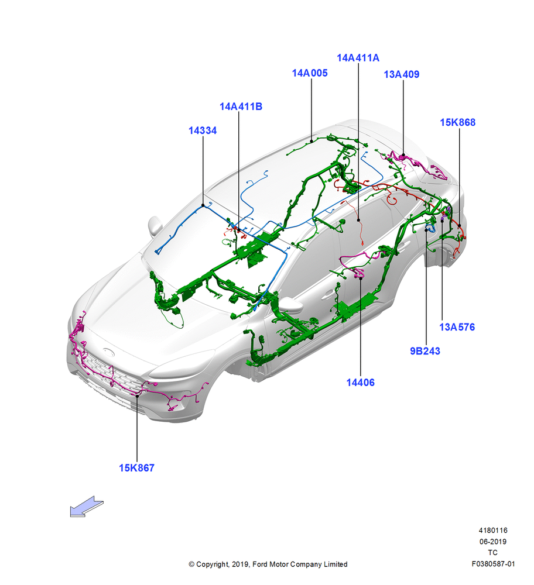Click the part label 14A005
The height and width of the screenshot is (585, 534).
pyautogui.click(x=310, y=73)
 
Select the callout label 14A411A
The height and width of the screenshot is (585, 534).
pyautogui.click(x=358, y=58)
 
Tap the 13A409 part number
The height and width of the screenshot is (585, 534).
pyautogui.click(x=402, y=74)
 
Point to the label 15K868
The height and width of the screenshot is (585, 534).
pyautogui.click(x=457, y=122)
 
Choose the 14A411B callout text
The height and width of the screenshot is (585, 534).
pyautogui.click(x=241, y=106)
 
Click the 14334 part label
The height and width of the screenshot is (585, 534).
pyautogui.click(x=203, y=130)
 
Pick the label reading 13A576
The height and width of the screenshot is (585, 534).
pyautogui.click(x=457, y=327)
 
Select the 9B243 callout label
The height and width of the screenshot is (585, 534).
pyautogui.click(x=425, y=351)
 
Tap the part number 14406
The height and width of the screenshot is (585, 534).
pyautogui.click(x=360, y=383)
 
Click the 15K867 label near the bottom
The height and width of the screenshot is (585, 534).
pyautogui.click(x=136, y=468)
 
